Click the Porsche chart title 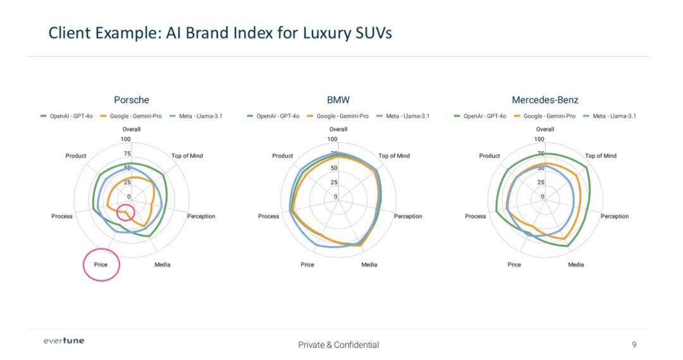tap(132, 100)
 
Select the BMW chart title tap(338, 100)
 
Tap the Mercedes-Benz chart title tap(545, 100)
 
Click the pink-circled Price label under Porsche tap(101, 264)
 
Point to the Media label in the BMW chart tap(369, 264)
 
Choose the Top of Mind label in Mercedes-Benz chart tap(600, 156)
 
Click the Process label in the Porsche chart tap(62, 216)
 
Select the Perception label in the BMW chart tap(408, 216)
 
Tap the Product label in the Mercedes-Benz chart tap(489, 156)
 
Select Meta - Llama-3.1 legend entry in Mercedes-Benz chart tap(613, 116)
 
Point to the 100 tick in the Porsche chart tap(126, 139)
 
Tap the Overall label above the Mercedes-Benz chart tap(545, 129)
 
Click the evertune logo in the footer tap(64, 341)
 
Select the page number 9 tap(634, 344)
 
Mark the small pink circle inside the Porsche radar tap(126, 212)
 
